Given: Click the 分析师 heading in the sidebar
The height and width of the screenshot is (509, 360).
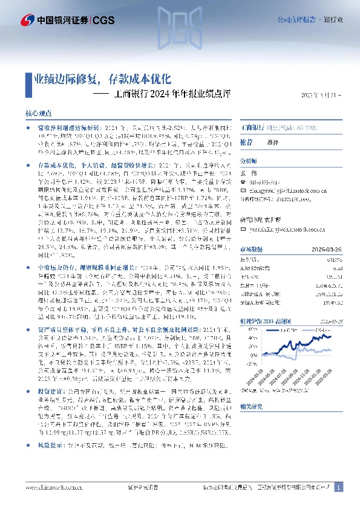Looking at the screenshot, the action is pos(249,161).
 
